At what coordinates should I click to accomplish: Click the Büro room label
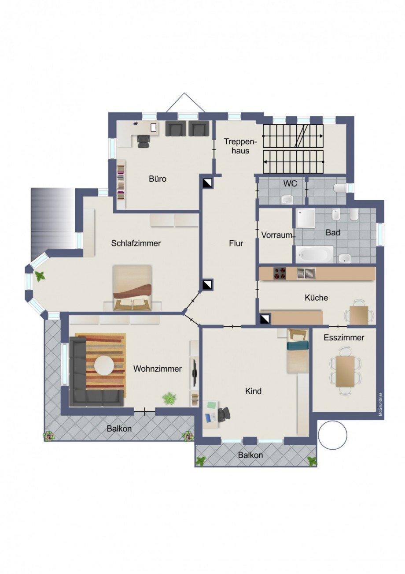158,179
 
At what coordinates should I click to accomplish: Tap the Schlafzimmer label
136,243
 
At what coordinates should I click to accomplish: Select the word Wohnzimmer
158,369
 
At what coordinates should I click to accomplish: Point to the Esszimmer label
344,338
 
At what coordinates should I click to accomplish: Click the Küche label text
316,298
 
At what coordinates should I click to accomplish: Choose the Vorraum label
277,235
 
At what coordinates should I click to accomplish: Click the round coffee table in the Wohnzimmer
104,366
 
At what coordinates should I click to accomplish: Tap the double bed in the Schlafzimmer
133,288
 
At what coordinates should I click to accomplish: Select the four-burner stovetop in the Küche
280,273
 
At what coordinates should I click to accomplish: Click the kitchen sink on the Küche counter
306,273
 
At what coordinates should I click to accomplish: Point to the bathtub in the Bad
314,254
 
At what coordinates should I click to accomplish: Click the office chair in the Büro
143,141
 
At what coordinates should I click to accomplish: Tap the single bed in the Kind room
298,350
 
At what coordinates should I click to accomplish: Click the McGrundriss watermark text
380,404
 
